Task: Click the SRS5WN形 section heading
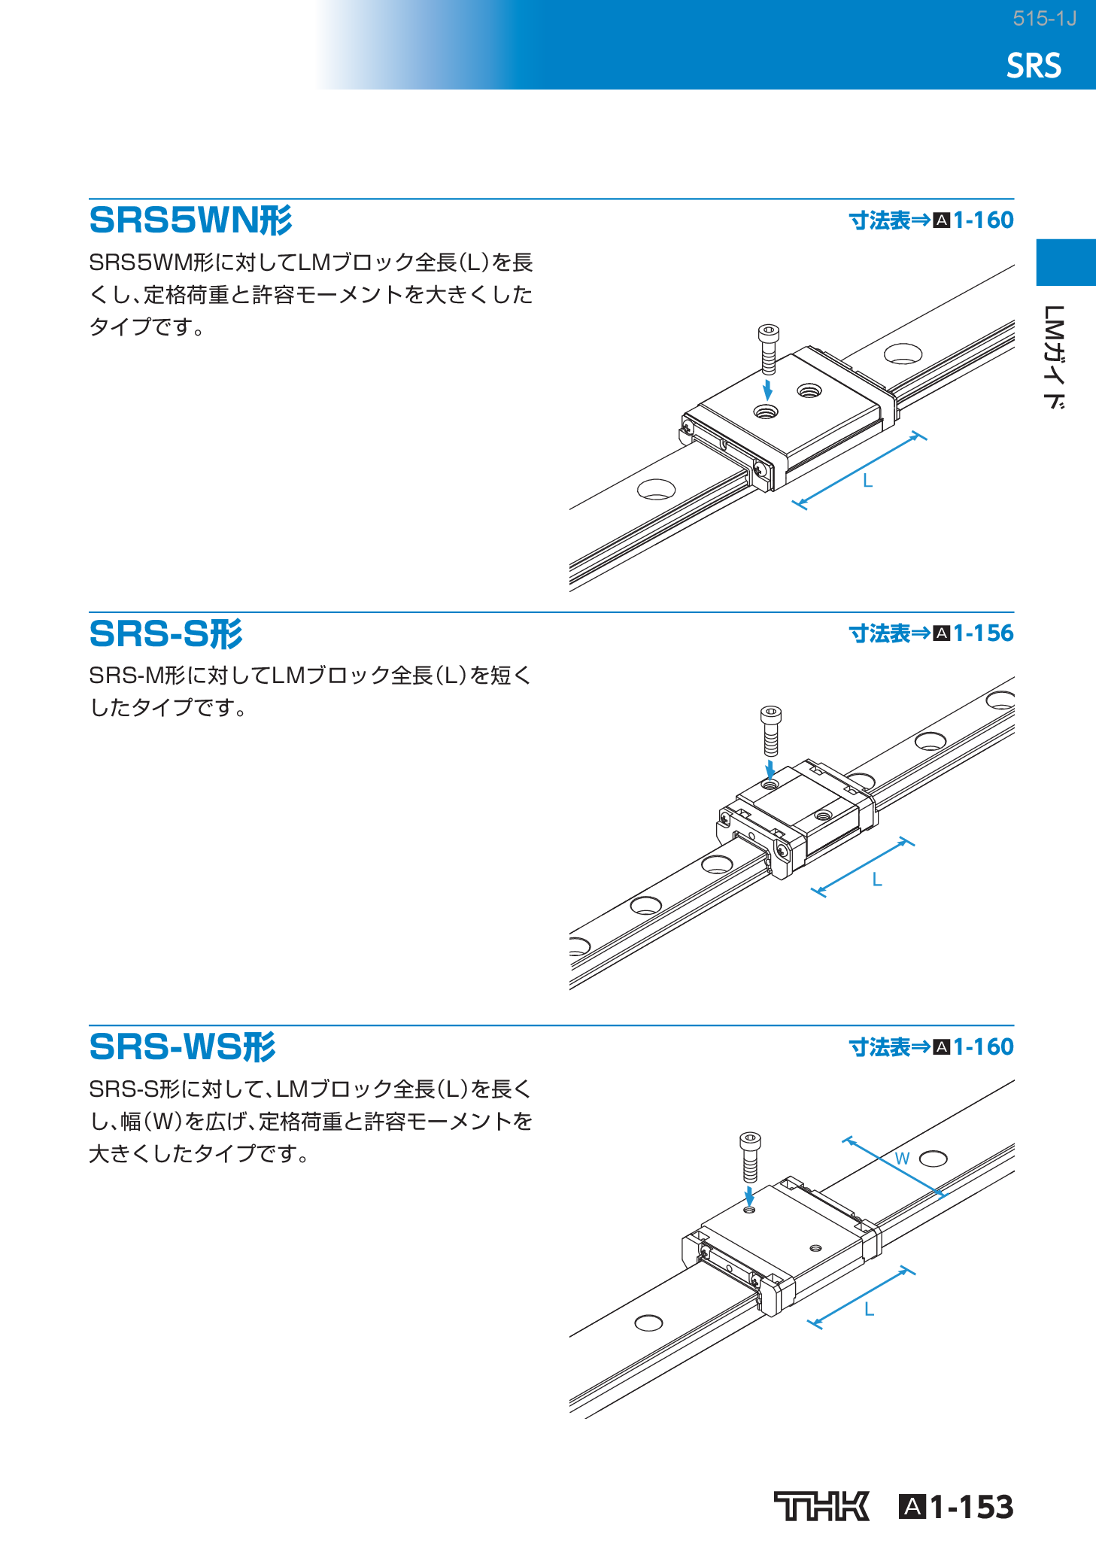(190, 220)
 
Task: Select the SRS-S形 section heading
(165, 633)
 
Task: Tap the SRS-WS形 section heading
(182, 1046)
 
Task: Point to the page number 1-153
(971, 1507)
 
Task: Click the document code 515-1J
(1044, 19)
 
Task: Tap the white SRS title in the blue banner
(1034, 66)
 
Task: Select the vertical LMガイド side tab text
(1055, 357)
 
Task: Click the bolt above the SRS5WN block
(768, 348)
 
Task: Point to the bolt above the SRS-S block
(771, 730)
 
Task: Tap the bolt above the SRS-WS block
(750, 1156)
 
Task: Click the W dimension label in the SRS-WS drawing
(902, 1159)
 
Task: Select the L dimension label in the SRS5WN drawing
(867, 481)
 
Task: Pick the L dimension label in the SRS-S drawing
(876, 879)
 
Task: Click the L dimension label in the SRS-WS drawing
(869, 1310)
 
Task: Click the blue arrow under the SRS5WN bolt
(767, 390)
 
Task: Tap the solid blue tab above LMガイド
(1066, 263)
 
